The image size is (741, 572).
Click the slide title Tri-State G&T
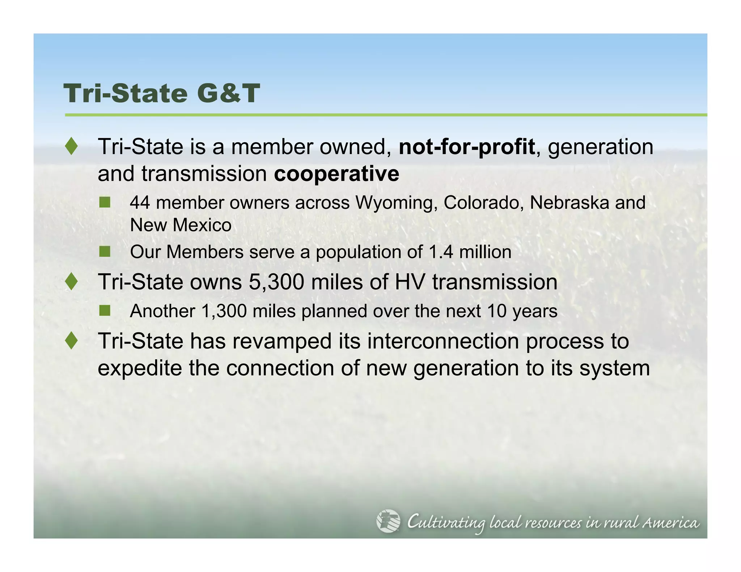(x=162, y=94)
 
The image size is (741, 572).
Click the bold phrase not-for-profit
(x=466, y=147)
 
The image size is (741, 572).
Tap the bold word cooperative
(x=336, y=174)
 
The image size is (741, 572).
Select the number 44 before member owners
(x=140, y=203)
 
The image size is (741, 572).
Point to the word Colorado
(x=483, y=203)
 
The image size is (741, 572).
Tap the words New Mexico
(x=181, y=225)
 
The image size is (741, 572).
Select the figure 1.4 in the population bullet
(x=441, y=252)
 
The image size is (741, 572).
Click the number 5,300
(x=276, y=282)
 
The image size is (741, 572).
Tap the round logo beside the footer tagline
(x=388, y=521)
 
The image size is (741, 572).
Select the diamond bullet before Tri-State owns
(x=72, y=282)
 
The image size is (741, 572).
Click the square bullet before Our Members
(x=105, y=251)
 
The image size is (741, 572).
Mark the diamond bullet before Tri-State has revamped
(x=72, y=341)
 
